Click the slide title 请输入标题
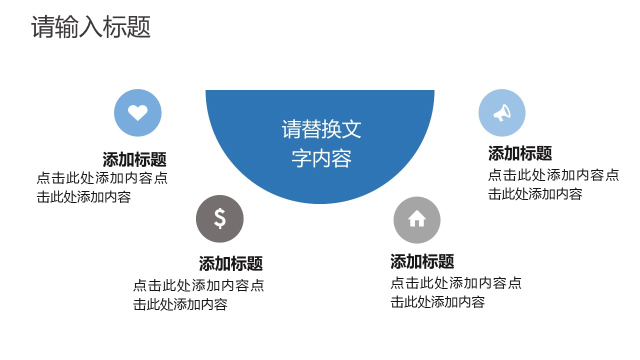91,27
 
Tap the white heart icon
137,112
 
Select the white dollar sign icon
220,218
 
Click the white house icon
416,219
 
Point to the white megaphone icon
501,113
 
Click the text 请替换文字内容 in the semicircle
321,143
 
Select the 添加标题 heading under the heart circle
134,160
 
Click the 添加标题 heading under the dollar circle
230,263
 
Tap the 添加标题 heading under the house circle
422,261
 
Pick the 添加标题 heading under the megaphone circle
520,153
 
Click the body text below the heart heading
101,187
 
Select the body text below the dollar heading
198,295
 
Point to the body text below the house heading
455,292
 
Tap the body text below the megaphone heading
553,184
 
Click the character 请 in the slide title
43,27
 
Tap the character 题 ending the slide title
139,27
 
